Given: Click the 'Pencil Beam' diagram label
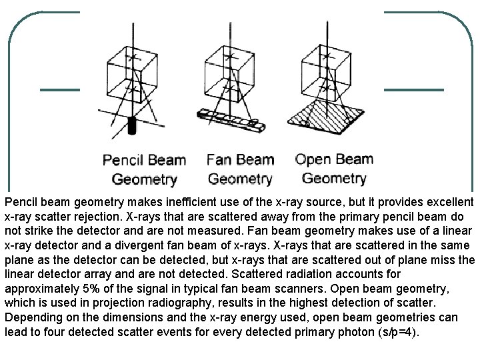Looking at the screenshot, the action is pos(143,160).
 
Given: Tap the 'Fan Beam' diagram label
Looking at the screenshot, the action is pos(240,160).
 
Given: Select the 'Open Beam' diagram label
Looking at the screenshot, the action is pos(334,159).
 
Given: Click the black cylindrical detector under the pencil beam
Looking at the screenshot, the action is pos(131,124).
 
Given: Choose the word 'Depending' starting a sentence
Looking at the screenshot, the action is pos(29,317).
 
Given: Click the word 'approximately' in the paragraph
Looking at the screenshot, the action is pos(37,289).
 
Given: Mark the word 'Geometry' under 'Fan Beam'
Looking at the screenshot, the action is pos(240,179).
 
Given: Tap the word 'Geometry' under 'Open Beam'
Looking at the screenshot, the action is pos(334,178).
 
